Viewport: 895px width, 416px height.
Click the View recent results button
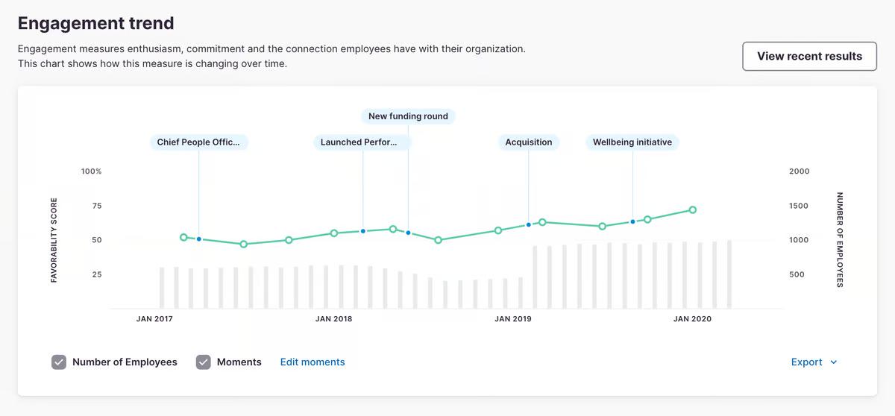tap(809, 56)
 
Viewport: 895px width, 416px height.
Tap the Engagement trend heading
tap(95, 23)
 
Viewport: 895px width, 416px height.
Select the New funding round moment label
tap(408, 116)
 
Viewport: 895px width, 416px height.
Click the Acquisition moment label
tap(529, 142)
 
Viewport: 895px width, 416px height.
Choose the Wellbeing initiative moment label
tap(632, 142)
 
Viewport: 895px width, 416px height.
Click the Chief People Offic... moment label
tap(198, 142)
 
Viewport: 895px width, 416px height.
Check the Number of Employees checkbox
tap(60, 362)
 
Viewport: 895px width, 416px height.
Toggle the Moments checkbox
tap(204, 362)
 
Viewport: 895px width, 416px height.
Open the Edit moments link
tap(313, 362)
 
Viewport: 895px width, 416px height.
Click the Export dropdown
tap(814, 362)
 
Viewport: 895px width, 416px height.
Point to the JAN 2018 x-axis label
tap(333, 319)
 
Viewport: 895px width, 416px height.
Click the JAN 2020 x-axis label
tap(692, 319)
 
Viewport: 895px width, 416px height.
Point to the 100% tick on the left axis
tap(92, 171)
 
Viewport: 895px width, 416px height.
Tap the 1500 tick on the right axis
tap(799, 206)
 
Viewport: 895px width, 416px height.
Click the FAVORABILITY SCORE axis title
tap(54, 239)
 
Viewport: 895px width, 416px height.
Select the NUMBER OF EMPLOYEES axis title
tap(839, 239)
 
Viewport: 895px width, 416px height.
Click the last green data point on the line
tap(693, 210)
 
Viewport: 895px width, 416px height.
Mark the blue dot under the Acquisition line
tap(529, 224)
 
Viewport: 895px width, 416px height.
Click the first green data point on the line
tap(183, 237)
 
